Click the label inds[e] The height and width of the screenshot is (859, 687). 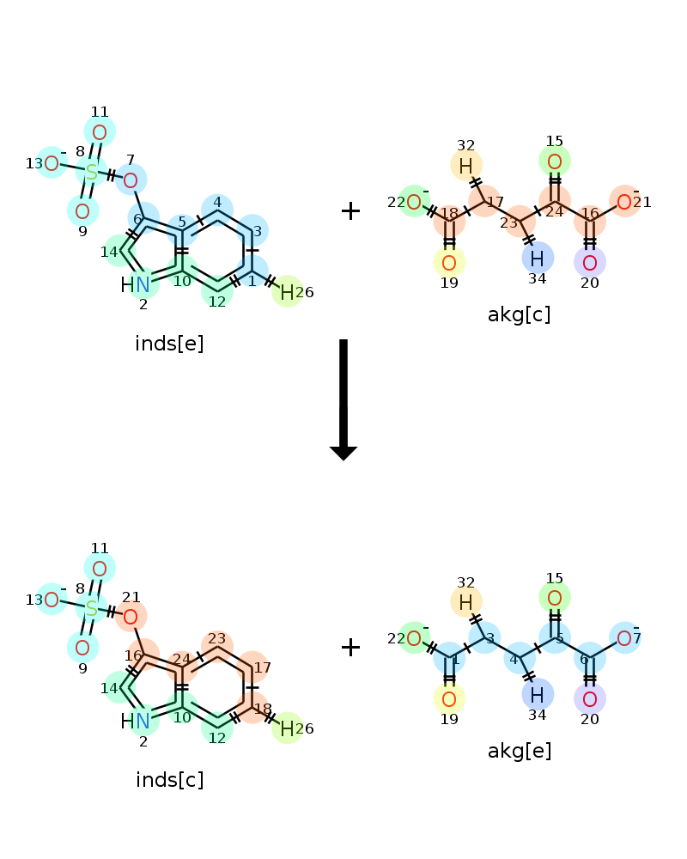169,344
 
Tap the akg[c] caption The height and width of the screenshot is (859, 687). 519,314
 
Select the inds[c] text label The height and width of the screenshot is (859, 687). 169,780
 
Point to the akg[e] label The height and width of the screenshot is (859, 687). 519,751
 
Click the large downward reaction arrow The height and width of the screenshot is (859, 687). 343,400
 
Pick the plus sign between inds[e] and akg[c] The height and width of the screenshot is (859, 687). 350,211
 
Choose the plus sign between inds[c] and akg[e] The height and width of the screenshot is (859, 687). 350,647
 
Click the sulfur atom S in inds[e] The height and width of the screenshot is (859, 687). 92,172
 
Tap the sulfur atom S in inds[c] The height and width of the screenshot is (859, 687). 92,609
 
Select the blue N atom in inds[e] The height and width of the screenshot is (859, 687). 143,284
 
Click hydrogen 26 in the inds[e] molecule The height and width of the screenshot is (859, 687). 287,293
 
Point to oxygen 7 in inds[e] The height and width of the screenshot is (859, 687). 131,180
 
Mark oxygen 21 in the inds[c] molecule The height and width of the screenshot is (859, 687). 131,617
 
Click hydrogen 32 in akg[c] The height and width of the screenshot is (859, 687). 465,166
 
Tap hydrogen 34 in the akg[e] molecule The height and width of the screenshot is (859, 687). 537,695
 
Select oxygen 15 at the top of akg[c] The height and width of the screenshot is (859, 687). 555,161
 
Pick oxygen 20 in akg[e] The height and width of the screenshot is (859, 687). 589,699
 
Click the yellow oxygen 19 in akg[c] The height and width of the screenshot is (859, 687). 449,262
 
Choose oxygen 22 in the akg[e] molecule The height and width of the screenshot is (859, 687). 414,638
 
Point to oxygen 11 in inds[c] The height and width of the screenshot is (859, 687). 99,569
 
